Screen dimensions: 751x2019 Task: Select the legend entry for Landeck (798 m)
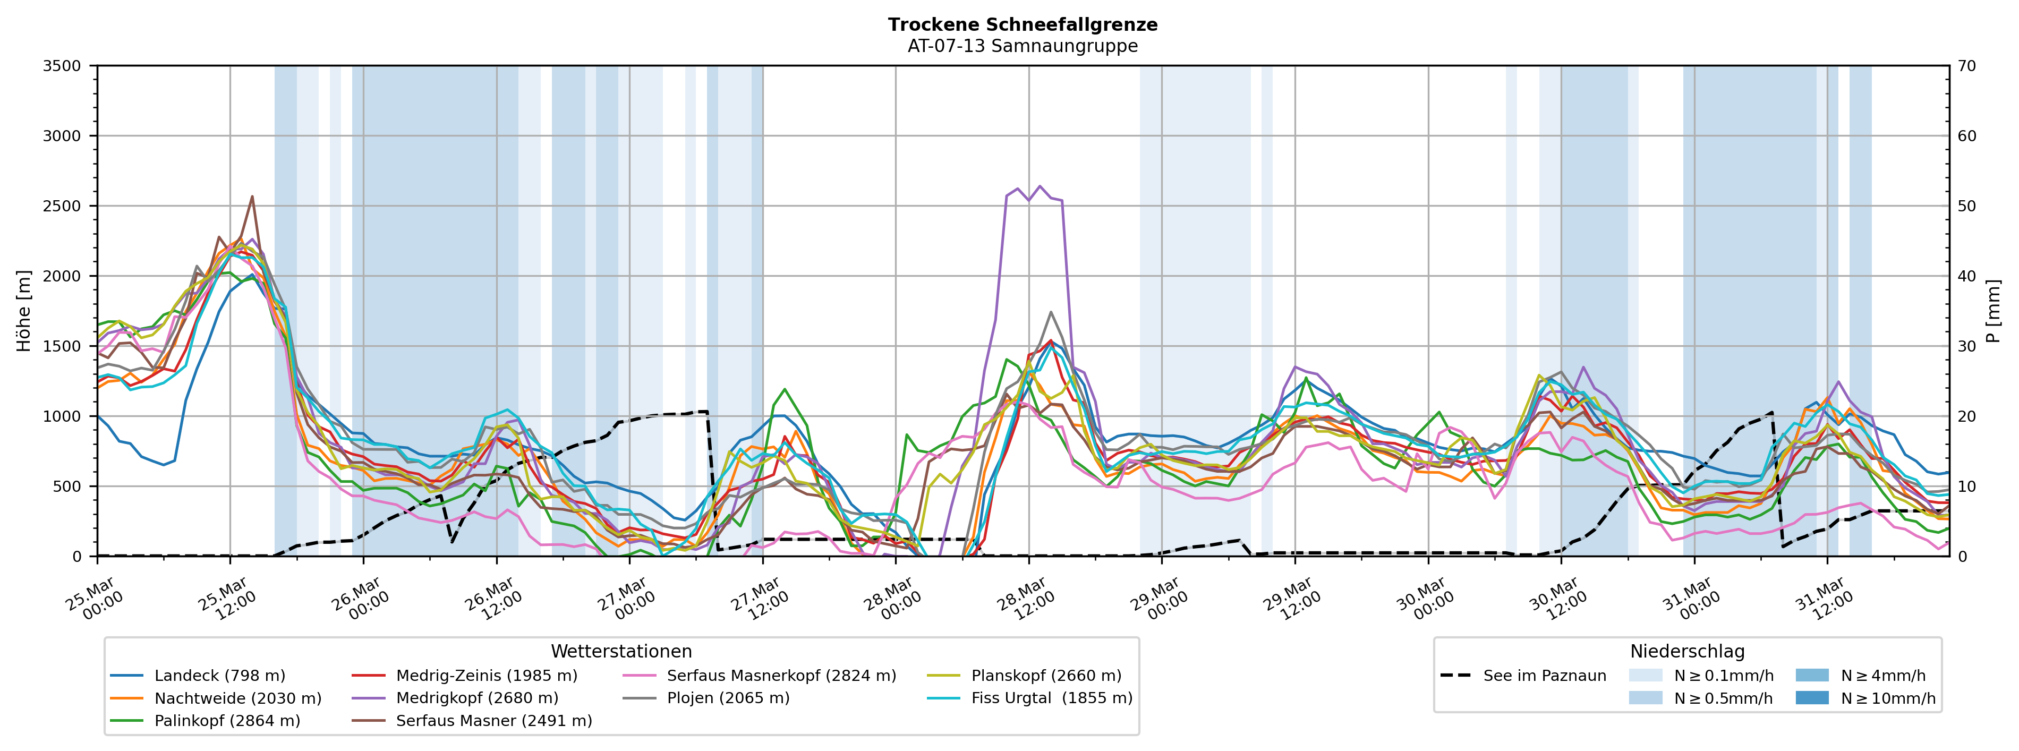219,676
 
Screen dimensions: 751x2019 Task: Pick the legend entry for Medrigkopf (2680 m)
476,698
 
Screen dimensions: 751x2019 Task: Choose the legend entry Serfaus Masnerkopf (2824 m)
781,676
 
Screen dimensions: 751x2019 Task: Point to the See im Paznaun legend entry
1544,676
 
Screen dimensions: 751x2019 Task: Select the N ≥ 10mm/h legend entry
1887,698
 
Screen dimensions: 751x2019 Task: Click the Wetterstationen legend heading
621,652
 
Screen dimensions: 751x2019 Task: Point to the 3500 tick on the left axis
62,66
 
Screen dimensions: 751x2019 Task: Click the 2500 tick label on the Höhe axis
62,206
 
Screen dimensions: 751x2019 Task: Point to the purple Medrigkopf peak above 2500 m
1040,186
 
